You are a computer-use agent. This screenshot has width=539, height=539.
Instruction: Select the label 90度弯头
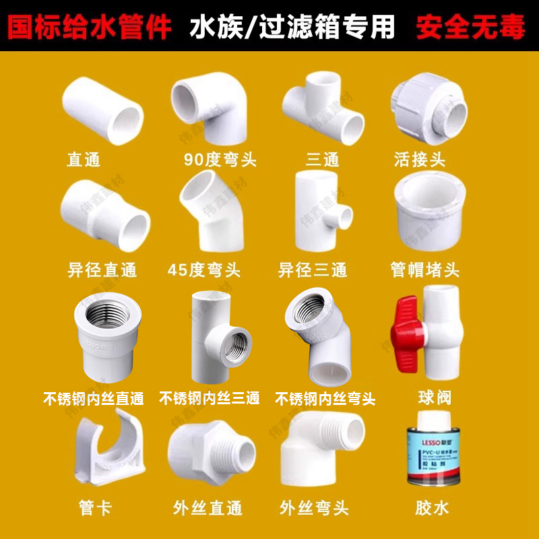pos(220,160)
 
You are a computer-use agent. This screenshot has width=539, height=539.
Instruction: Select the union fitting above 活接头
pos(429,108)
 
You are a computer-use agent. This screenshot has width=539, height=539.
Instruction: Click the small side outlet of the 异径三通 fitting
pos(344,219)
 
